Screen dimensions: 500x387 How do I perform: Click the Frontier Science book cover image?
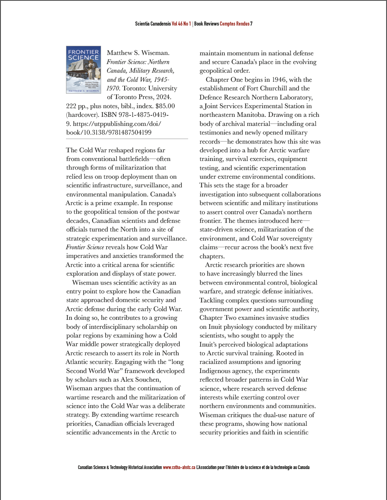click(83, 69)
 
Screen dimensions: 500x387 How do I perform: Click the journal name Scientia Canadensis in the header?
click(153, 24)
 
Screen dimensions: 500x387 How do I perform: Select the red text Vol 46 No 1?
click(181, 24)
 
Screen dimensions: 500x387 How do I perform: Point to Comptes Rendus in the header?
click(234, 24)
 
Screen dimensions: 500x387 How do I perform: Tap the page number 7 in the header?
click(251, 24)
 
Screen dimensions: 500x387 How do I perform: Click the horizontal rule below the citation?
click(127, 139)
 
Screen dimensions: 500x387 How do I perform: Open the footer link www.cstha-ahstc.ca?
click(179, 467)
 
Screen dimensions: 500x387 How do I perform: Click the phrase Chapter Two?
click(217, 318)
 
